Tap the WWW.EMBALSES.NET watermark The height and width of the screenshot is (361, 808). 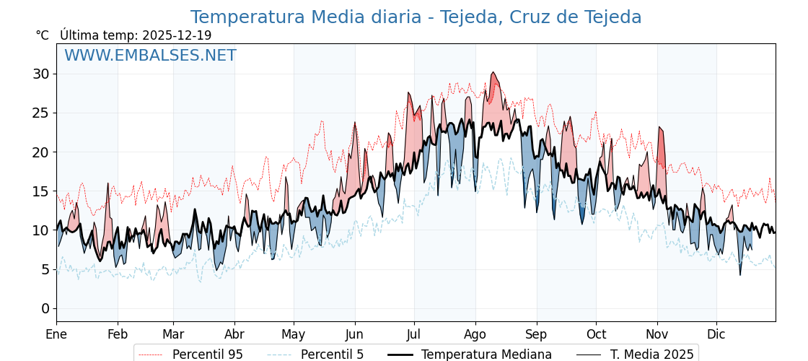[x=150, y=56]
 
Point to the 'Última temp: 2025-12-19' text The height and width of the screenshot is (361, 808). [x=136, y=35]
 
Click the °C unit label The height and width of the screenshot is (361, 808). [x=43, y=35]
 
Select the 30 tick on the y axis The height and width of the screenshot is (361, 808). [x=40, y=74]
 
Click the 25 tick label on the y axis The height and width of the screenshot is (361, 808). [x=40, y=113]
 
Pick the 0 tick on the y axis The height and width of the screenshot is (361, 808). [x=45, y=308]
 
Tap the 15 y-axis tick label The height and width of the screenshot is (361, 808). [x=40, y=191]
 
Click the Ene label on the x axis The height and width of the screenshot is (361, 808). [x=56, y=334]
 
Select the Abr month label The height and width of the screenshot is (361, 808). [x=234, y=334]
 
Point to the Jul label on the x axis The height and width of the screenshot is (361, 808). [x=414, y=334]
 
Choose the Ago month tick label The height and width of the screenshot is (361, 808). [x=475, y=334]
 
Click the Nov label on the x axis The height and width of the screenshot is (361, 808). [x=657, y=334]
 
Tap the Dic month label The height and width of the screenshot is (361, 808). [x=716, y=334]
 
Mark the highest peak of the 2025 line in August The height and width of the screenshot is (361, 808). [x=493, y=72]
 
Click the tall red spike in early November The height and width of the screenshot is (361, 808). [x=659, y=128]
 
